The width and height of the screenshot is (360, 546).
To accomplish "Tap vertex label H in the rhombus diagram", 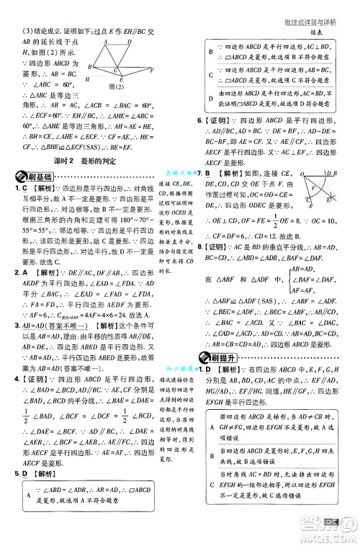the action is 87,77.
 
